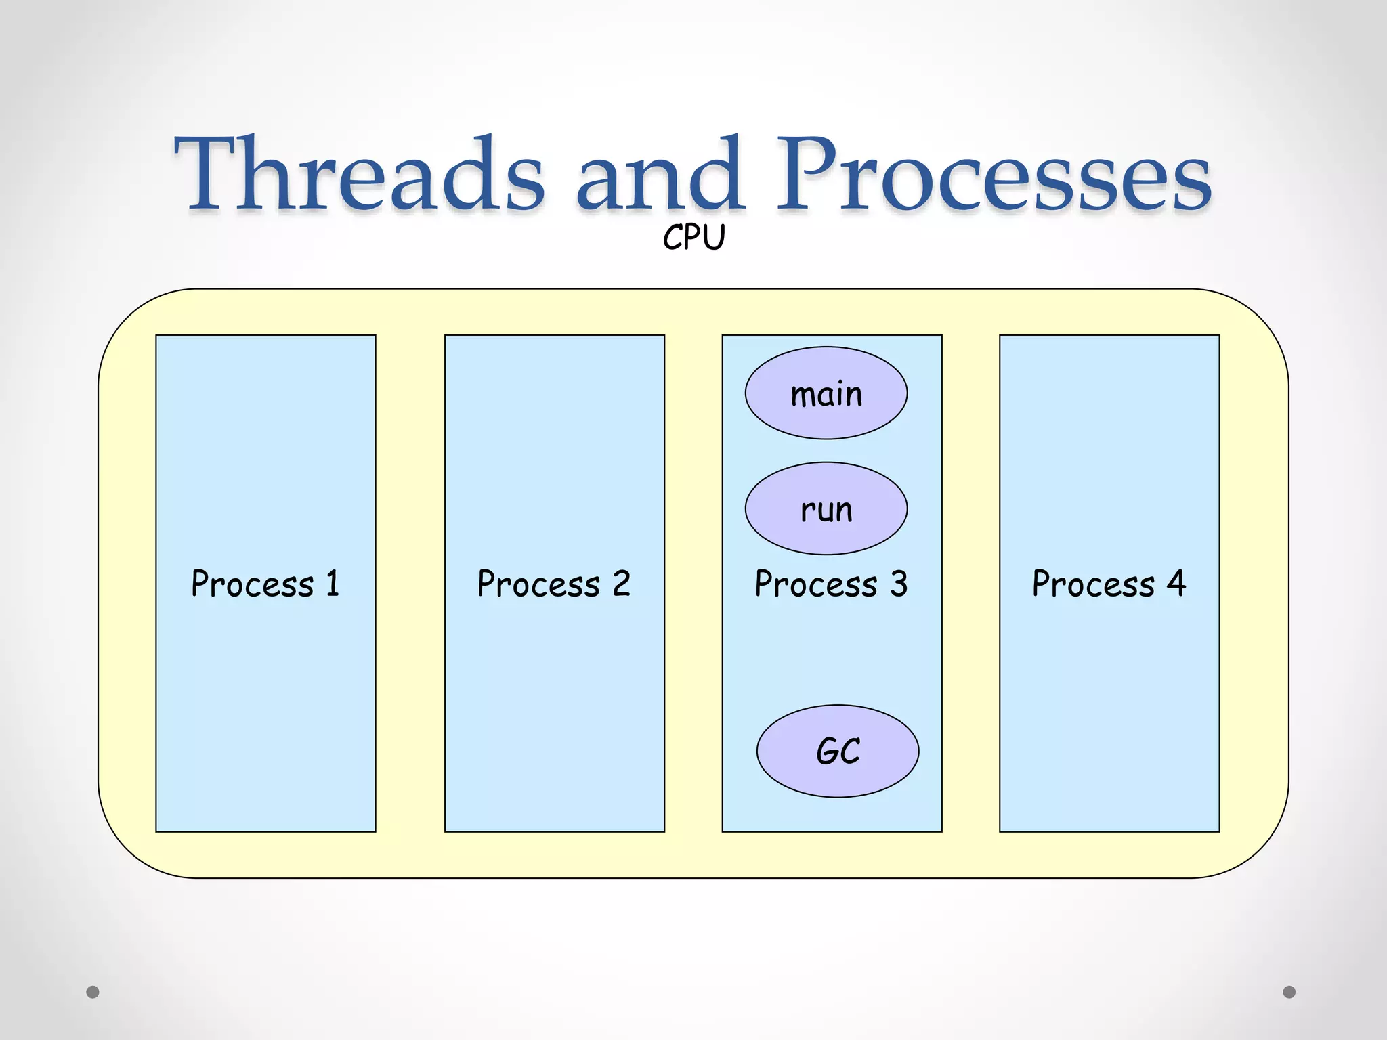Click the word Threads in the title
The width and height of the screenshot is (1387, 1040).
pyautogui.click(x=359, y=175)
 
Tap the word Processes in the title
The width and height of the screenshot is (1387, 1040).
pyautogui.click(x=993, y=175)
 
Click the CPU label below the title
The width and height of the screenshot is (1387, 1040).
pyautogui.click(x=693, y=238)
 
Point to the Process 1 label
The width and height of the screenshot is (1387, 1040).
pyautogui.click(x=265, y=584)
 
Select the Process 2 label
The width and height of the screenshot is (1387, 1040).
pyautogui.click(x=554, y=584)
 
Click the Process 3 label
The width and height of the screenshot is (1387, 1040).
pyautogui.click(x=831, y=584)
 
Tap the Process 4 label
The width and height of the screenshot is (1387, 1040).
pyautogui.click(x=1109, y=584)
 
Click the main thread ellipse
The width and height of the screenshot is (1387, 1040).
pyautogui.click(x=826, y=393)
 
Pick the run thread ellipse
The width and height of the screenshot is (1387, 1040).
pyautogui.click(x=826, y=508)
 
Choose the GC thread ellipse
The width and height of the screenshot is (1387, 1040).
pyautogui.click(x=838, y=751)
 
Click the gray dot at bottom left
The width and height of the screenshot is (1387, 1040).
pyautogui.click(x=93, y=992)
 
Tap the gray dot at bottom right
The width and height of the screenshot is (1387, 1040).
pyautogui.click(x=1289, y=992)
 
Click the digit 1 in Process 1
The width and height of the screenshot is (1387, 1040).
pyautogui.click(x=333, y=583)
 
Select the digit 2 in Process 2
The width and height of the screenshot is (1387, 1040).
pyautogui.click(x=621, y=583)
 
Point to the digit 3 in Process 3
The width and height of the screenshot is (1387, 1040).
pyautogui.click(x=898, y=583)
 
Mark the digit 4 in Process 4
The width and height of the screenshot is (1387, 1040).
pyautogui.click(x=1176, y=583)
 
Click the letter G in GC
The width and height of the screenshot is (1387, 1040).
pyautogui.click(x=828, y=751)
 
